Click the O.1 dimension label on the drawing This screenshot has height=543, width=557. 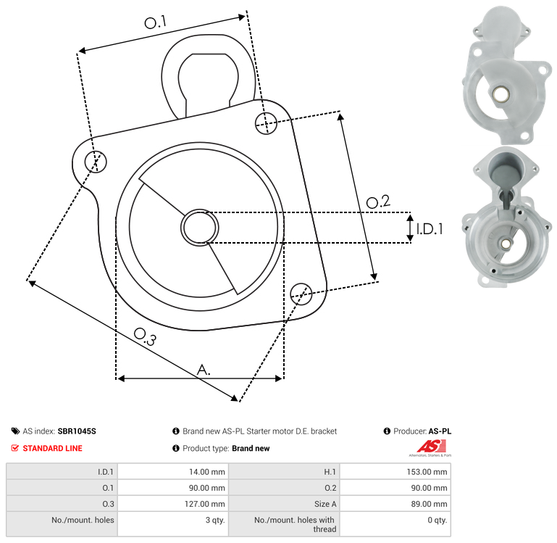coord(156,22)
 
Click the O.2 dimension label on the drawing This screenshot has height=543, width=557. coord(378,202)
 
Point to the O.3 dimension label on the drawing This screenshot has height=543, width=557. coord(145,337)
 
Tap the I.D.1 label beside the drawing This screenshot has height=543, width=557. coord(430,229)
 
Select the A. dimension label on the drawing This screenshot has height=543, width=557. coord(204,370)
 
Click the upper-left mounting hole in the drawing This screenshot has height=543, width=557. coord(96,162)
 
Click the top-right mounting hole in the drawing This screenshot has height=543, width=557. coord(266,123)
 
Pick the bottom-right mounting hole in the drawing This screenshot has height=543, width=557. coord(301,294)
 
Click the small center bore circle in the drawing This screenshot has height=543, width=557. coord(200,228)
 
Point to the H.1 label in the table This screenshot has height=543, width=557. coord(330,472)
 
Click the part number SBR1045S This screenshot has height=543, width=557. coord(77,431)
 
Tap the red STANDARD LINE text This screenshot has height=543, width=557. coord(53,449)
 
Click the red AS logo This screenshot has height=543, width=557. coord(431,447)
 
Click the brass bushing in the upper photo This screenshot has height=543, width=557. coord(501,94)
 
